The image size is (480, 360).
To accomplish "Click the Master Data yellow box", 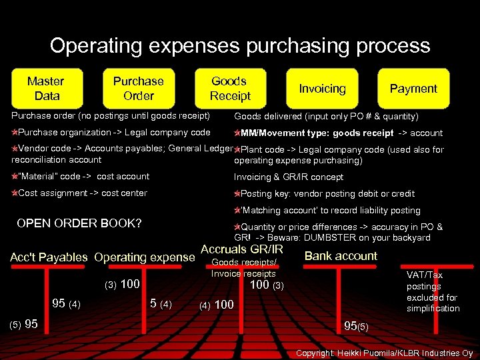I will pos(46,88).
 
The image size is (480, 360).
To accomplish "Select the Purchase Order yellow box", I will pos(138,88).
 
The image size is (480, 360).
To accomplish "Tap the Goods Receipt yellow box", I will pos(229,88).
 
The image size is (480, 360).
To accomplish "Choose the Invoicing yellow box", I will pos(322,89).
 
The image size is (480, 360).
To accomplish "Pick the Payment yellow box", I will pos(413,89).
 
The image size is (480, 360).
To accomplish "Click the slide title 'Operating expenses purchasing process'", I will pos(240,45).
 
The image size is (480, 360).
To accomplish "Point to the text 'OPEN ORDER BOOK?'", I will pos(79,223).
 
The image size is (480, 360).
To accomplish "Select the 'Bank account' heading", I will pos(341,256).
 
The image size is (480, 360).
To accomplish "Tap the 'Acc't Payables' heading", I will pos(49,257).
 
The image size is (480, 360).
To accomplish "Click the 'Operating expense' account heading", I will pos(145,257).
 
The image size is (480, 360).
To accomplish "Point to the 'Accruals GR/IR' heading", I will pos(241,249).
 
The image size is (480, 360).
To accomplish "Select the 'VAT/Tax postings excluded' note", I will pos(433,291).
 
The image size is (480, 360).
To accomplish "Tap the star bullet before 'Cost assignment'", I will pos(14,193).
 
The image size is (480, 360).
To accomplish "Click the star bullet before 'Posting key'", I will pos(237,194).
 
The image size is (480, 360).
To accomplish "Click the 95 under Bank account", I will pos(351,326).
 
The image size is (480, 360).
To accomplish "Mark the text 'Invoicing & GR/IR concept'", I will pos(288,177).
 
